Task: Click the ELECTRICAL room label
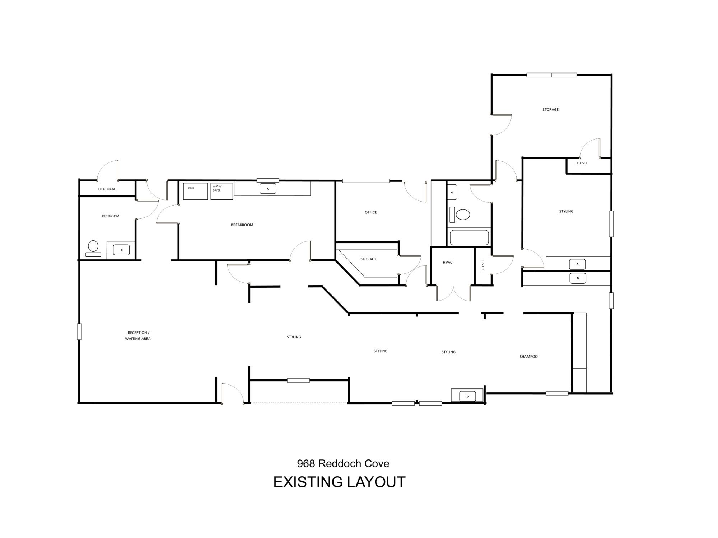coord(107,189)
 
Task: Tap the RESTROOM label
coord(111,216)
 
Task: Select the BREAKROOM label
coord(242,225)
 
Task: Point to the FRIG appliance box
coord(195,191)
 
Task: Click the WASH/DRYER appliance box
coord(222,191)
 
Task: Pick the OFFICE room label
coord(371,212)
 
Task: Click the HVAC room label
coord(448,263)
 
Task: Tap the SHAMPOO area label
coord(528,357)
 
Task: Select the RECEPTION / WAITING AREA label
coord(138,336)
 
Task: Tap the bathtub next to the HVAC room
coord(469,237)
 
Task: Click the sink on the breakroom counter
coord(268,188)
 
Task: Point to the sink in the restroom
coord(121,250)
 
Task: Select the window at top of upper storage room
coord(551,75)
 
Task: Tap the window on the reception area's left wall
coord(79,331)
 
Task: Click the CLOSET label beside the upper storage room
coord(582,163)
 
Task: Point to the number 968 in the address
coord(306,464)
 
